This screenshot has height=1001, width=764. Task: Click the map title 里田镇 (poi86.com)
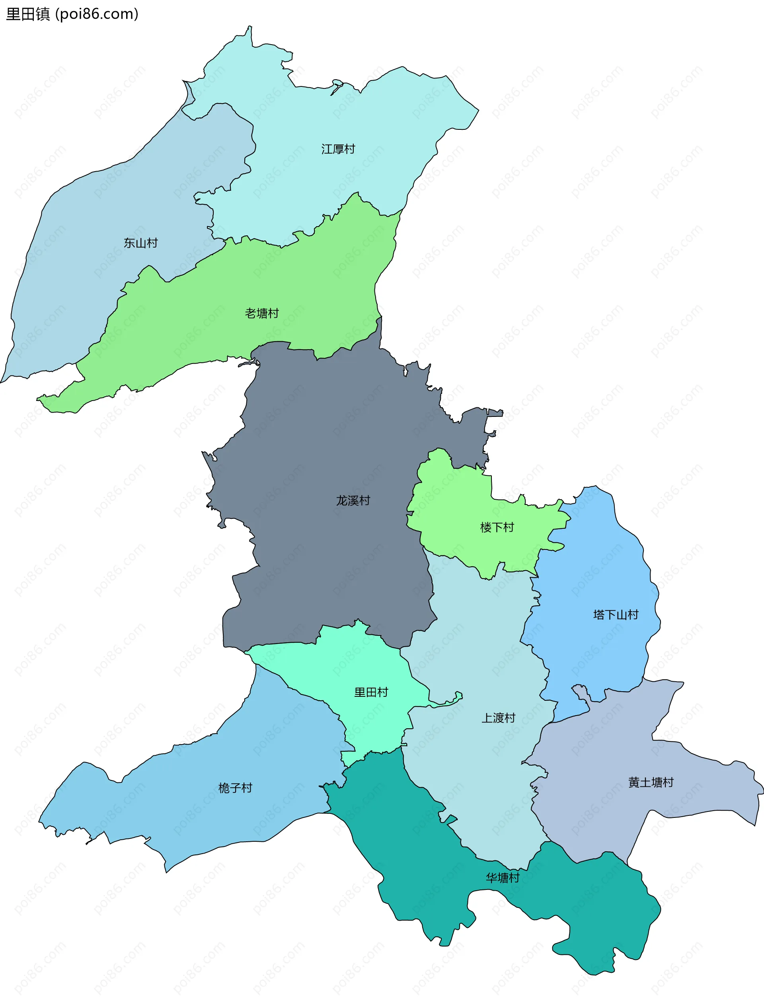tap(72, 14)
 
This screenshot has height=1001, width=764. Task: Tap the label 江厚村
tap(338, 149)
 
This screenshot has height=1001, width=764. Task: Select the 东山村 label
tap(140, 243)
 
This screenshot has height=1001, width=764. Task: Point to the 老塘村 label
tap(261, 313)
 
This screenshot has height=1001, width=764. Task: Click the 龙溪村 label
tap(353, 500)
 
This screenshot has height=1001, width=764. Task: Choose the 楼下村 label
tap(497, 527)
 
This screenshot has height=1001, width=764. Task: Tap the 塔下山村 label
tap(616, 615)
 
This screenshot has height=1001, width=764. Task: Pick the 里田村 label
tap(371, 692)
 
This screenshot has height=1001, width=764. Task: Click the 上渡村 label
tap(499, 718)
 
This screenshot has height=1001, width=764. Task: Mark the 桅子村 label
tap(235, 788)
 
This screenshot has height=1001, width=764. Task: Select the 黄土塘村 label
tap(651, 782)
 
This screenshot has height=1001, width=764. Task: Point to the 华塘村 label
tap(503, 878)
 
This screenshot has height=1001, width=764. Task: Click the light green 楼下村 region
tap(455, 510)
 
